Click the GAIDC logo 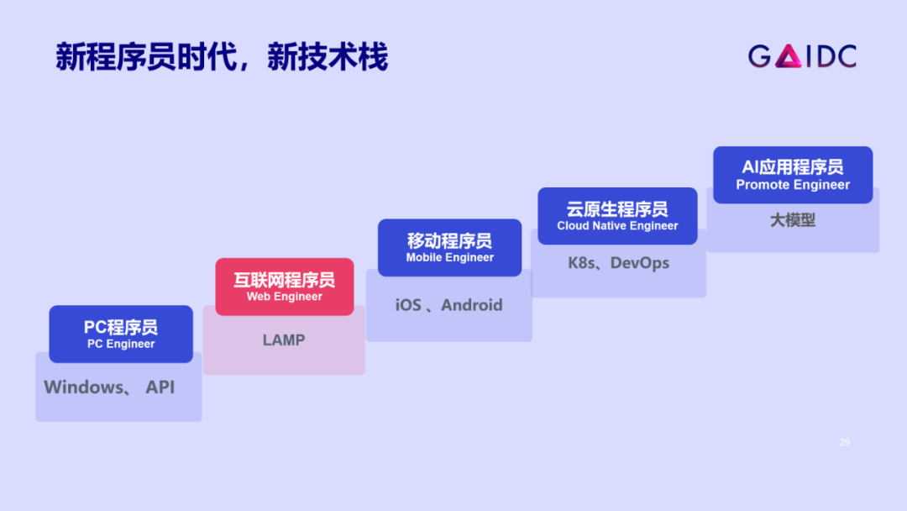802,56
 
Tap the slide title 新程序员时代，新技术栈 222,57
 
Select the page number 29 845,442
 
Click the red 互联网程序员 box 284,287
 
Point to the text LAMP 284,340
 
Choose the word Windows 83,387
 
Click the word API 160,387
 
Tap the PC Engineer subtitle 121,344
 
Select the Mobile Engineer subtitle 450,258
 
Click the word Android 472,305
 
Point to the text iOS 408,305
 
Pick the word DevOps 640,263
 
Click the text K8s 581,263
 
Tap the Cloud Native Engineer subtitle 617,226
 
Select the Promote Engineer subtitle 793,185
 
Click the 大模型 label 793,220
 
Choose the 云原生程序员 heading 617,208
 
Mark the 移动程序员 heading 450,240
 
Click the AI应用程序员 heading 793,166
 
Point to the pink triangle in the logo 788,57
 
